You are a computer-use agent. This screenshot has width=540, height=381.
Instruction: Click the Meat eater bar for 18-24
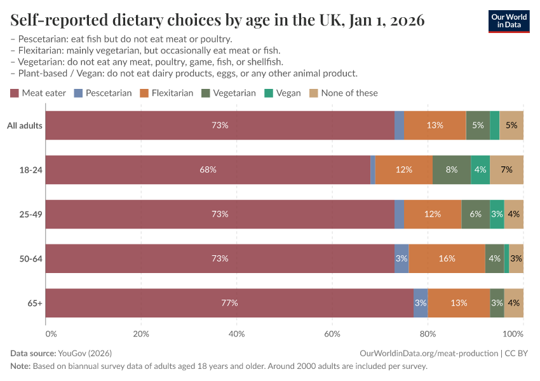(208, 170)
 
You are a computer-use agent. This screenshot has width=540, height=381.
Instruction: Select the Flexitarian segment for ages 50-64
(447, 258)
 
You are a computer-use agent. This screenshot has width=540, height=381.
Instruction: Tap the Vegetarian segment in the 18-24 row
(452, 170)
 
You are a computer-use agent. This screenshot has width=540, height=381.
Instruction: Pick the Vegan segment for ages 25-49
(497, 214)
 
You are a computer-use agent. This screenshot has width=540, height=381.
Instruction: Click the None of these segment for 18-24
(506, 170)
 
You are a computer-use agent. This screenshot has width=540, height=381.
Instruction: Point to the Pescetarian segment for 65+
(421, 303)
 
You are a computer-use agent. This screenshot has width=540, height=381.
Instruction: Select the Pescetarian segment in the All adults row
(399, 125)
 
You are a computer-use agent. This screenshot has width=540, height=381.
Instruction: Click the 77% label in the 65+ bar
(229, 303)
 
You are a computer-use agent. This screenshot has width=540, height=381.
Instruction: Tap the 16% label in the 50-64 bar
(447, 258)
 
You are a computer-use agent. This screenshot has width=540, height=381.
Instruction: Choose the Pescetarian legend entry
(103, 93)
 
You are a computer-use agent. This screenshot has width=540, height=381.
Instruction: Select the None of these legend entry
(343, 93)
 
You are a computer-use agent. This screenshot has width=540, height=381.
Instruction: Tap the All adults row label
(24, 125)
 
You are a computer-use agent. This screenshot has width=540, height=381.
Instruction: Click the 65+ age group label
(34, 303)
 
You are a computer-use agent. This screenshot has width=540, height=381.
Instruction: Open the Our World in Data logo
(508, 20)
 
